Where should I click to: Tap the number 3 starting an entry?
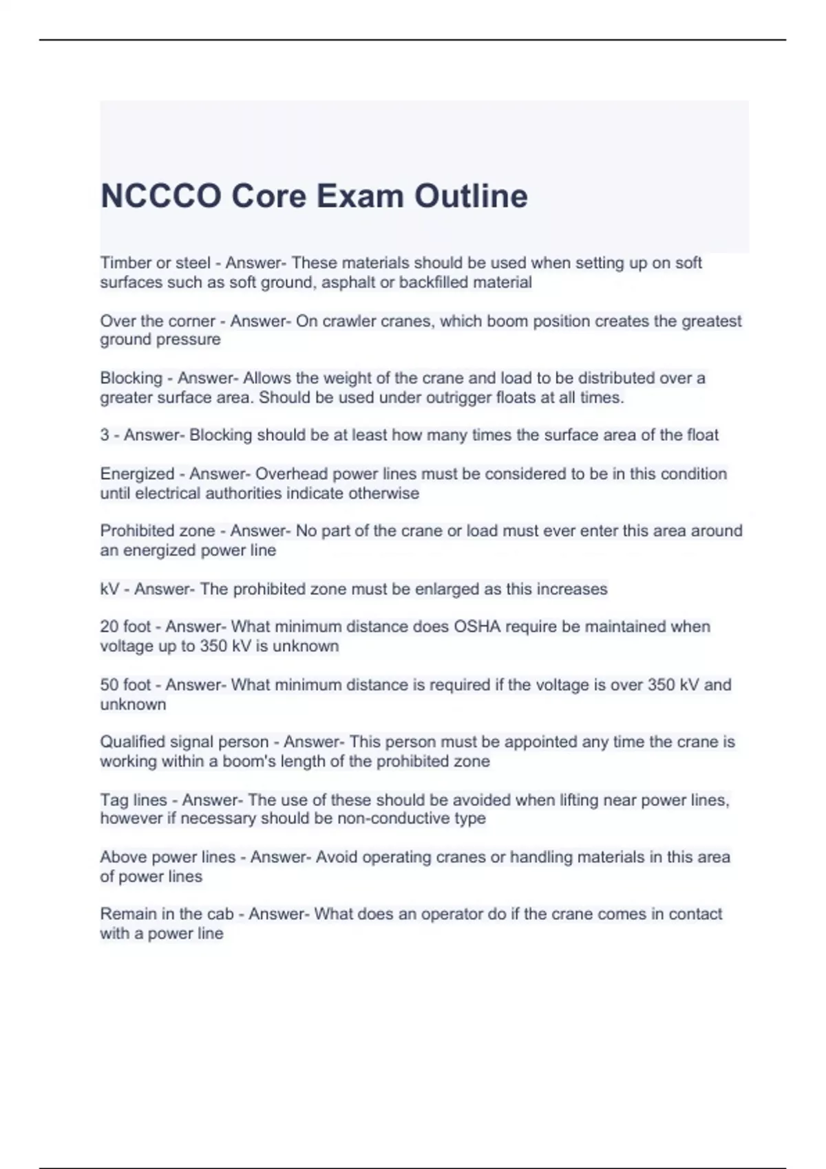(x=105, y=435)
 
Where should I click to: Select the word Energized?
(x=137, y=474)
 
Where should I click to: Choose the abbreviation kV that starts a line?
(x=109, y=589)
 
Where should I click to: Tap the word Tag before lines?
(x=114, y=800)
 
